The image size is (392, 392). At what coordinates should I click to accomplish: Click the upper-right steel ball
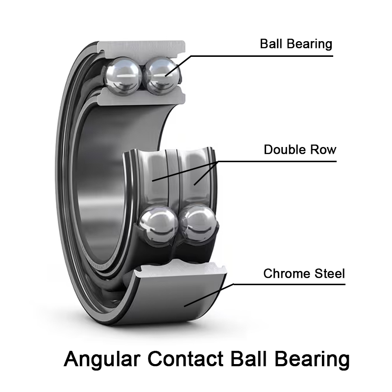coord(162,74)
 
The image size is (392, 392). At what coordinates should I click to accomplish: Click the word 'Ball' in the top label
coord(271,44)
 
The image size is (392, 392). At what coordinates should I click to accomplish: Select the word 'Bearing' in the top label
coord(309,44)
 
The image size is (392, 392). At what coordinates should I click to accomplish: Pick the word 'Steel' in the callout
coord(329,273)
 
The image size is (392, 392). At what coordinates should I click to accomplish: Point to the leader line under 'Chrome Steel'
coord(289,284)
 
